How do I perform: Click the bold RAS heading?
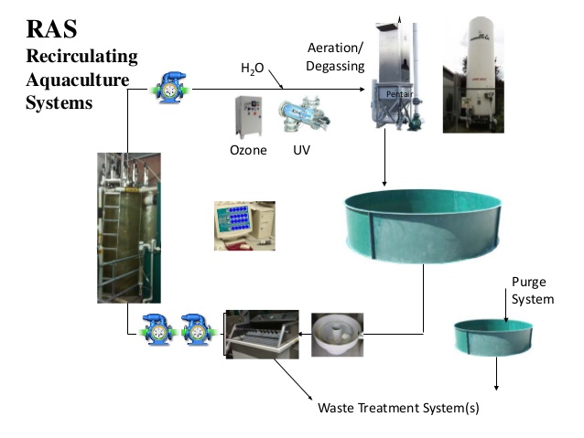(54, 30)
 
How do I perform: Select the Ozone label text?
(248, 150)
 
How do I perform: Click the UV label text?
(302, 150)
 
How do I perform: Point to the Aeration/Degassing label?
(336, 56)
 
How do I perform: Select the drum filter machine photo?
(262, 346)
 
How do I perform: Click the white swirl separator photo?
(337, 334)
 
